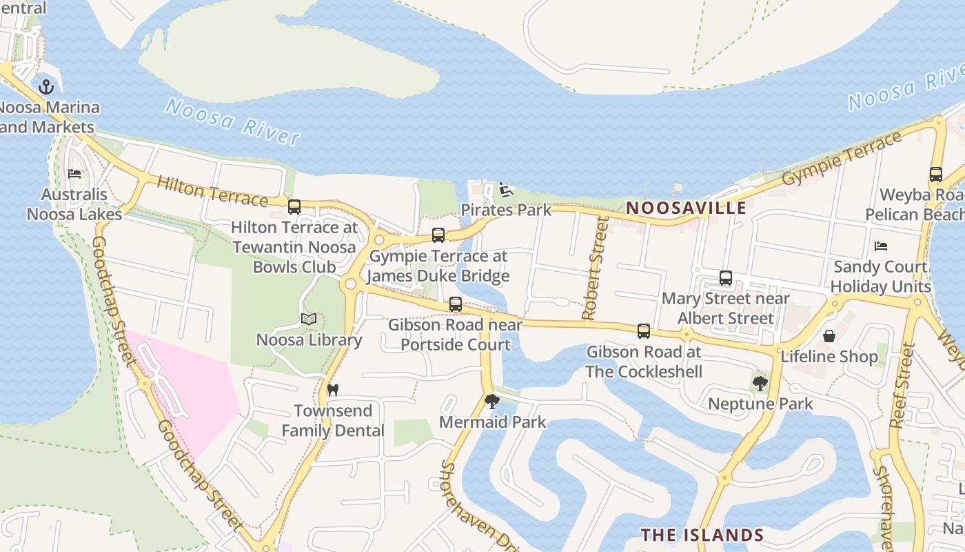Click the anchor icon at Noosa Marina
tap(46, 87)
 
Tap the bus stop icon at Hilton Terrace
tap(294, 206)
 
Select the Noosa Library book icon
tap(309, 319)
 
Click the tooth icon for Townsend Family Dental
tap(333, 391)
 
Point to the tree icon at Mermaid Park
tap(491, 401)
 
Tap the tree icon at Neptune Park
tap(760, 383)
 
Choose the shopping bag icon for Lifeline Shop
tap(829, 336)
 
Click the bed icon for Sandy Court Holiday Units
tap(880, 246)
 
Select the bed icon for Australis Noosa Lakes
tap(74, 174)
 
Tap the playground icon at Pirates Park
tap(506, 189)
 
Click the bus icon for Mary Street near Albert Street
tap(726, 278)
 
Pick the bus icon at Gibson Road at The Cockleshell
tap(644, 331)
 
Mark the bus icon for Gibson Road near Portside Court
tap(456, 304)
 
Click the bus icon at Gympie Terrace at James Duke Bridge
tap(438, 235)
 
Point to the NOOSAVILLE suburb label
tap(687, 208)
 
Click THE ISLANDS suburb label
tap(702, 535)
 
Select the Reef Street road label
tap(902, 386)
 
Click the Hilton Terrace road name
tap(212, 191)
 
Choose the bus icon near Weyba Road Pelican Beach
tap(935, 175)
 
